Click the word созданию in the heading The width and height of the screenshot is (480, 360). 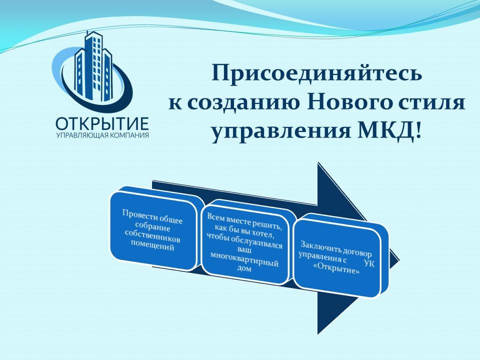tap(242, 103)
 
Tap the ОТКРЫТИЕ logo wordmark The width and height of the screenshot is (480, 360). tap(102, 124)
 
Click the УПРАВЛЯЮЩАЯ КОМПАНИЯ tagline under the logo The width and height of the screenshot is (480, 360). tap(102, 135)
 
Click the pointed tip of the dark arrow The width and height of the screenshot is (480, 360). tap(399, 261)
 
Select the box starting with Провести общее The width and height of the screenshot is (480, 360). tap(153, 230)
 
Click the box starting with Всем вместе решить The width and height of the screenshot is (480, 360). tap(245, 242)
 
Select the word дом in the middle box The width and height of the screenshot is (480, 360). tap(244, 268)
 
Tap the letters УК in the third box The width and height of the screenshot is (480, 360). tap(369, 263)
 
